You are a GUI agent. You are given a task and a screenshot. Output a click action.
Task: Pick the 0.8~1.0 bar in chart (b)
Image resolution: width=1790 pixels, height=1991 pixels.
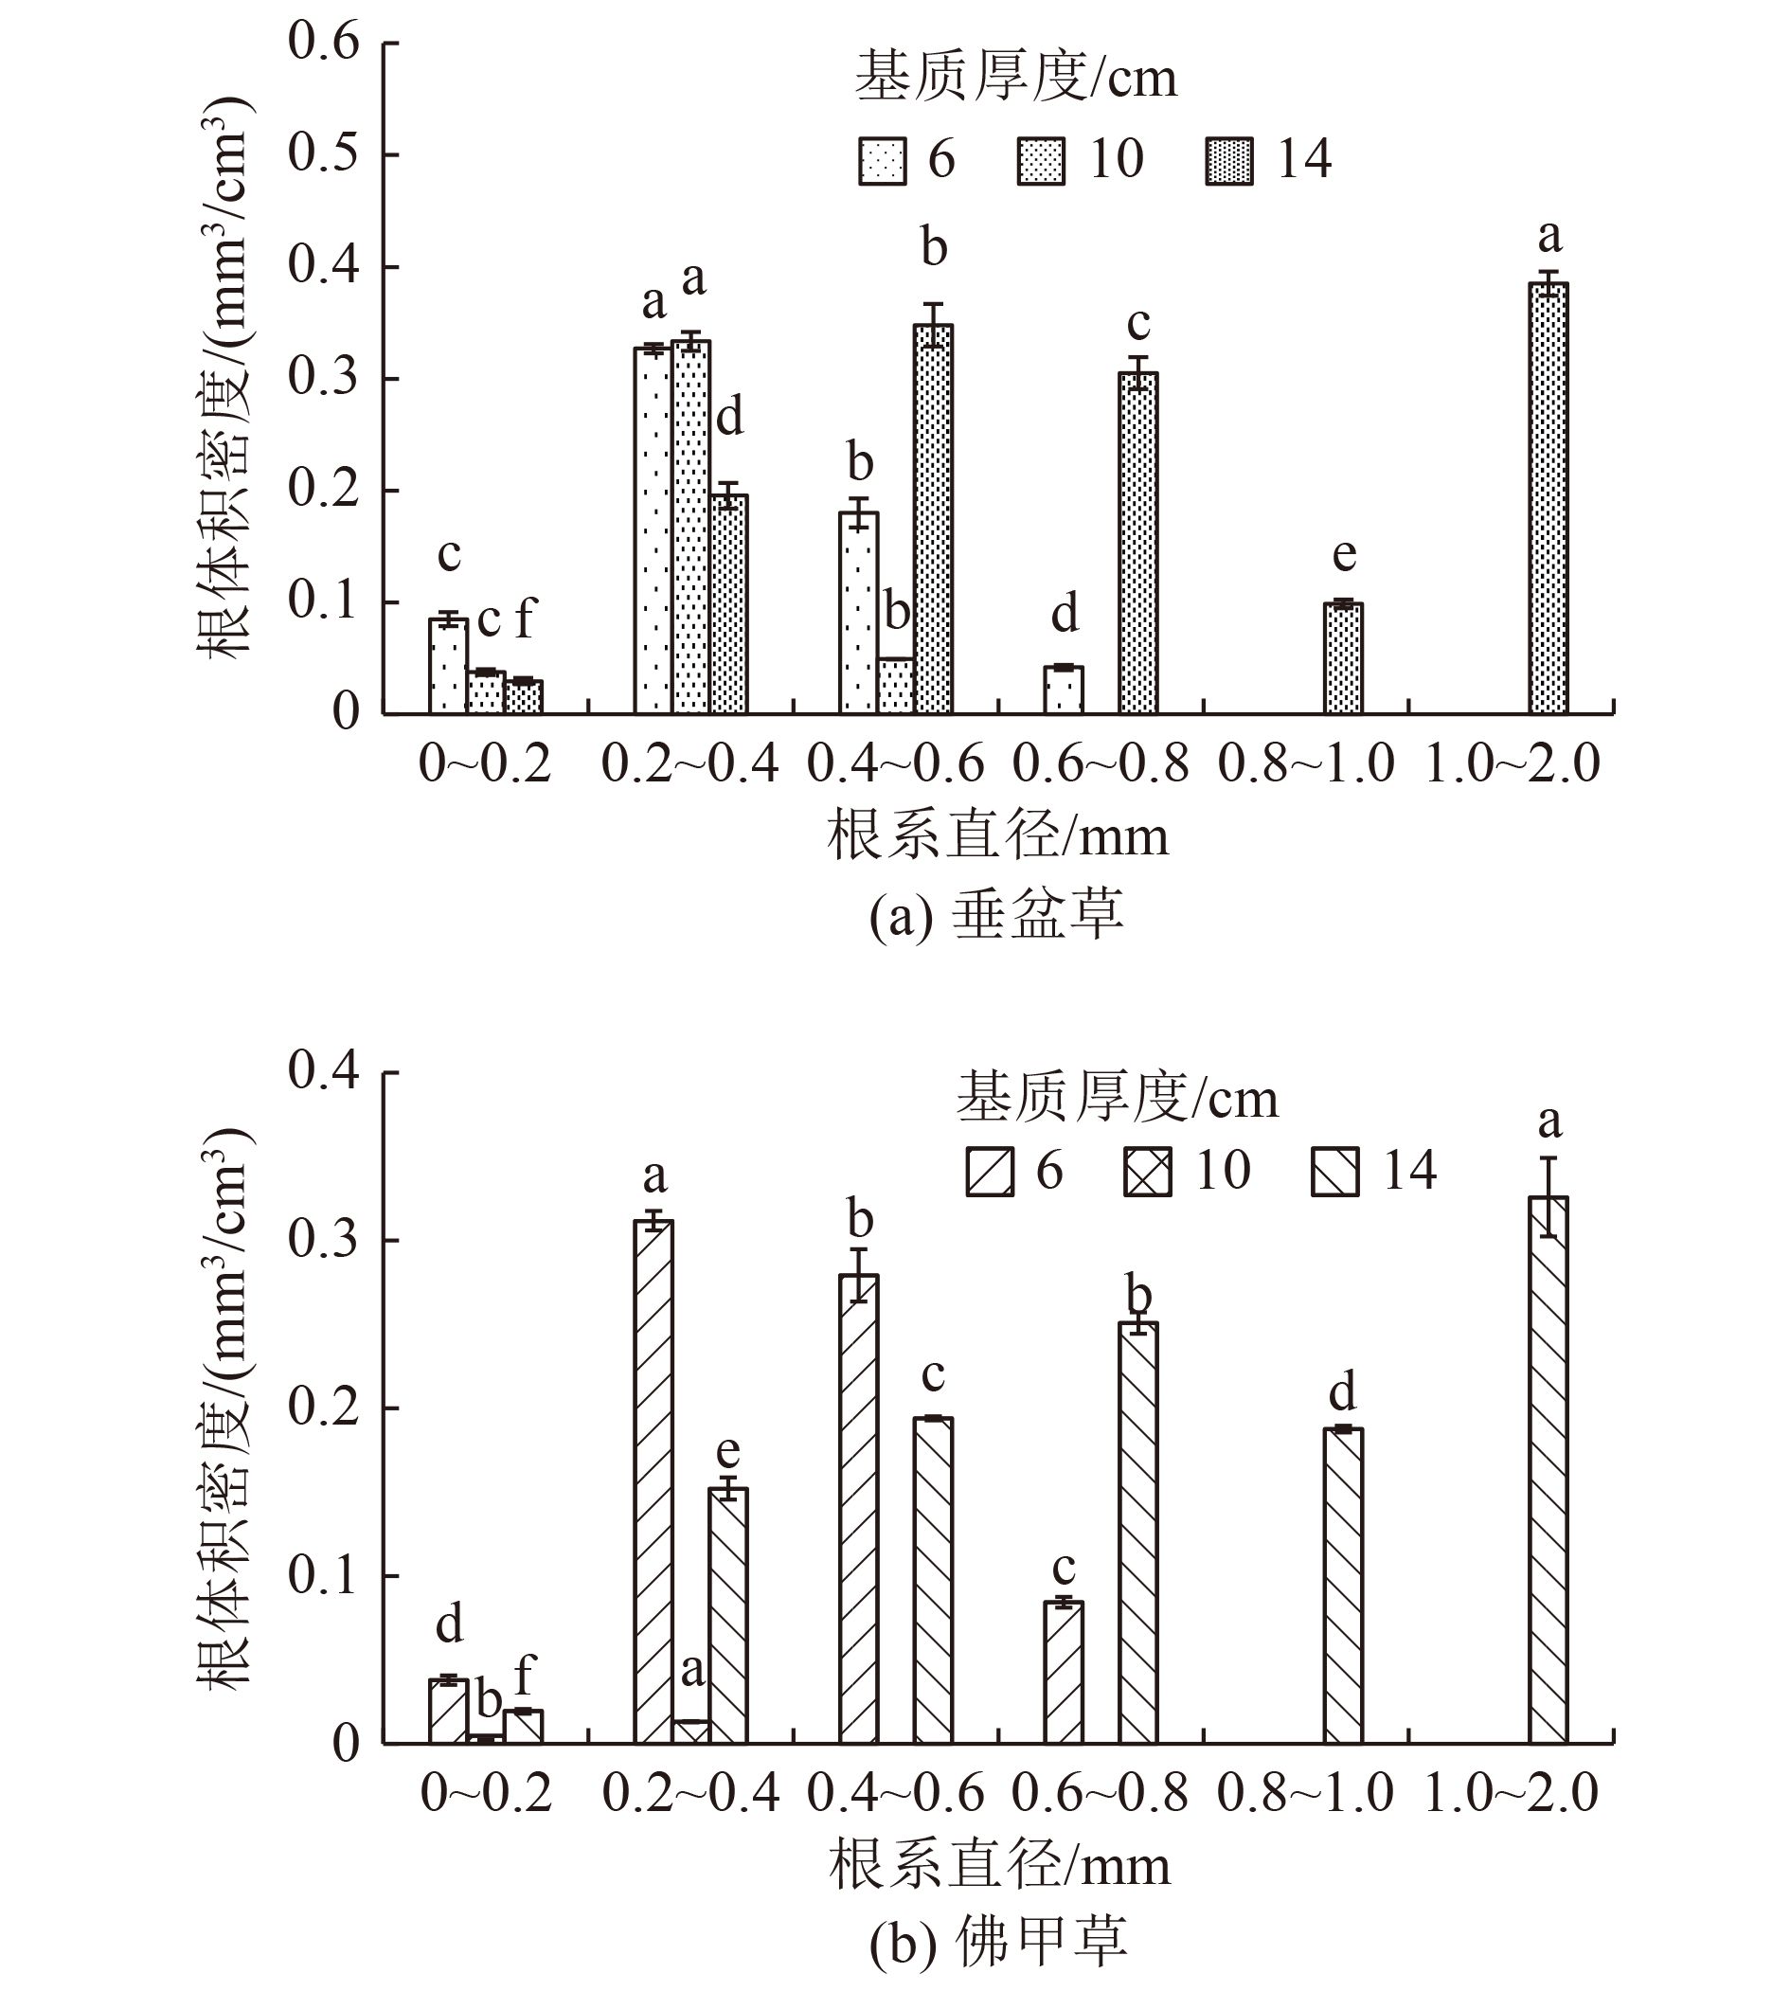coord(1343,1585)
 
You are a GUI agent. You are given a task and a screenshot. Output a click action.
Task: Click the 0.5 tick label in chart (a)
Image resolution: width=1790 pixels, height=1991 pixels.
coord(324,154)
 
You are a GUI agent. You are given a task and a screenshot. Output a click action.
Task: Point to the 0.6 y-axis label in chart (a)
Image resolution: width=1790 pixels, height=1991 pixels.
coord(324,43)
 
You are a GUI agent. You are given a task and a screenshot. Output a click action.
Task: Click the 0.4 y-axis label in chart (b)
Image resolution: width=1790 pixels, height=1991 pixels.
coord(324,1071)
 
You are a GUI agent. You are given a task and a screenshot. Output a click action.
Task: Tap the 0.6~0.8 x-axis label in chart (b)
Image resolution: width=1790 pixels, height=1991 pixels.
coord(1100,1793)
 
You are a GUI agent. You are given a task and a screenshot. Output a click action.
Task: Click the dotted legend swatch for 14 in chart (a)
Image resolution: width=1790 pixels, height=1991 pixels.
coord(1228,160)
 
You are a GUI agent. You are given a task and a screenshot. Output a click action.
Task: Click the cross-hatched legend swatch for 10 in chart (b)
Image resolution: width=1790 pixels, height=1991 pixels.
coord(1147,1171)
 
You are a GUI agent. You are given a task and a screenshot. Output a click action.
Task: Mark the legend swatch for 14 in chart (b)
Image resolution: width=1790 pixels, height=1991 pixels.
coord(1335,1171)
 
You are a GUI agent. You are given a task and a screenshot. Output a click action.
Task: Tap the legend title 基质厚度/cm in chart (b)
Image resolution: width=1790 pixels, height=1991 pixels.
coord(1118,1098)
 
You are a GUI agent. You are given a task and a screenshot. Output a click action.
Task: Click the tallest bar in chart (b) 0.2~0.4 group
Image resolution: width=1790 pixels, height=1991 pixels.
coord(654,1480)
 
